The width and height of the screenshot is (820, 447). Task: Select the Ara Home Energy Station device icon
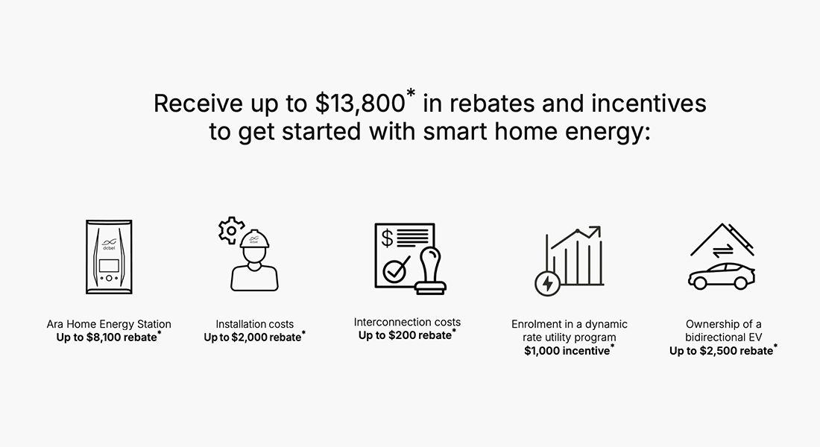point(109,256)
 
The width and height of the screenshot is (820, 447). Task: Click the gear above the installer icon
point(231,229)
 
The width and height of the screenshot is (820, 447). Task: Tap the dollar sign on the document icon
point(388,238)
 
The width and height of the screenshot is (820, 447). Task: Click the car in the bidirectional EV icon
point(721,276)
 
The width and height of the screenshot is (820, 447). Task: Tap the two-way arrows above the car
point(721,251)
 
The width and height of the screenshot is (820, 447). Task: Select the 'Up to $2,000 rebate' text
point(253,337)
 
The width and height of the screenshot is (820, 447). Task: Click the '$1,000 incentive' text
point(567,351)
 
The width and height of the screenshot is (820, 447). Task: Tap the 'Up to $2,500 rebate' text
point(721,351)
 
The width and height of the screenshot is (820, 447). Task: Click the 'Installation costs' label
point(255,324)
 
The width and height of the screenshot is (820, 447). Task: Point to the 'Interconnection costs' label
point(407,322)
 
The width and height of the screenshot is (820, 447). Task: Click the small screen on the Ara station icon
point(109,265)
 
